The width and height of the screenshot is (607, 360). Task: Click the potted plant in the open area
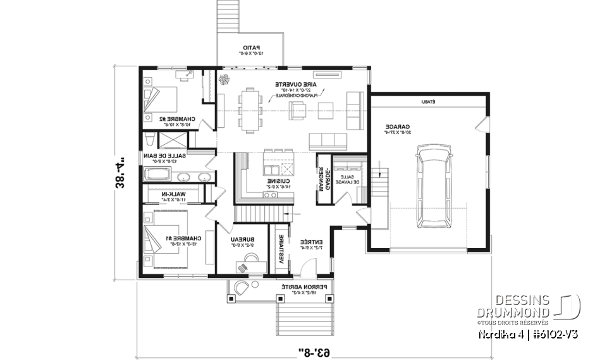coord(224,79)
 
